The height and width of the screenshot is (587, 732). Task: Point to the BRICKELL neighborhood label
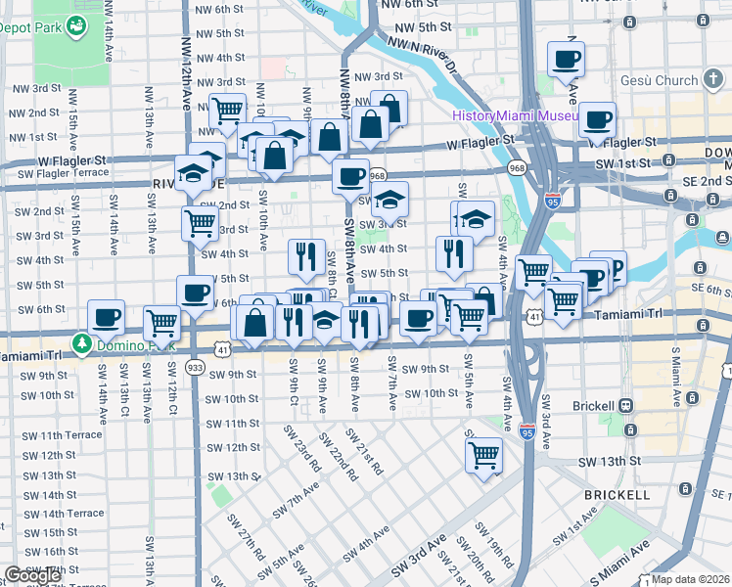coord(617,495)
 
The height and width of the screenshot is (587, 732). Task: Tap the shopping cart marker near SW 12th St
coord(483,453)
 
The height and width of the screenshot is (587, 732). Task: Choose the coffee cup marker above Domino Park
coord(106,316)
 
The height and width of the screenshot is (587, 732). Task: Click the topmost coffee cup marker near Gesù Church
coord(566,59)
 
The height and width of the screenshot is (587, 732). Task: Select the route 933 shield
coord(195,368)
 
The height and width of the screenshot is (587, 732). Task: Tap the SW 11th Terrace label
coord(63,434)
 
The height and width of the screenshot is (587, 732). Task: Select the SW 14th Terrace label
coord(63,513)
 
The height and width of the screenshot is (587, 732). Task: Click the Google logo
coord(31,575)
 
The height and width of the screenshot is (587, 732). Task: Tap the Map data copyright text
coord(690,579)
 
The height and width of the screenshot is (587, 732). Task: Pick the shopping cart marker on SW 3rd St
coord(200,221)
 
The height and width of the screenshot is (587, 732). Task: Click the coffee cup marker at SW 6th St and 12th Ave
coord(194,292)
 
